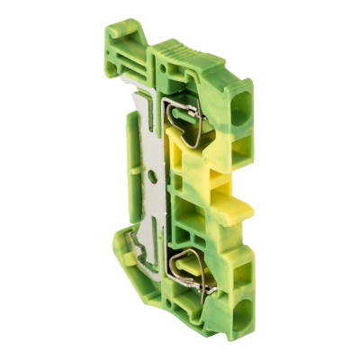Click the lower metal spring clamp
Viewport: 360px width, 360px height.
pos(201,269)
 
